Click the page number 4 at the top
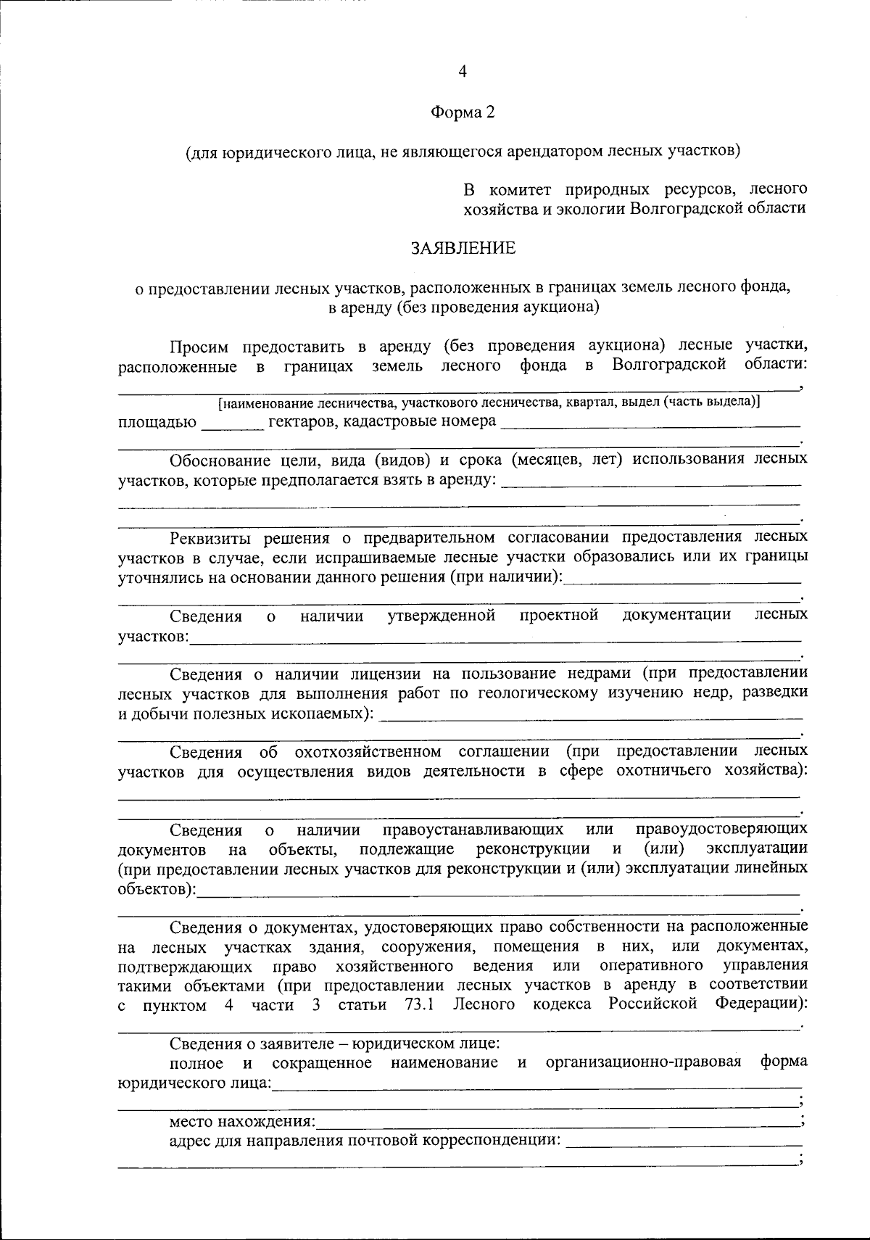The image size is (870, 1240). point(463,71)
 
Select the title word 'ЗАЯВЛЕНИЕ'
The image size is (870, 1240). point(463,248)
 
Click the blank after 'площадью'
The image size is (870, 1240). point(232,423)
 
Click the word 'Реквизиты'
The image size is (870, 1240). point(210,538)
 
